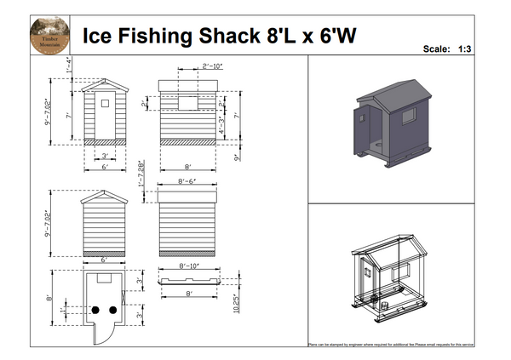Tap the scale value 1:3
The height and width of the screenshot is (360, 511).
pyautogui.click(x=465, y=49)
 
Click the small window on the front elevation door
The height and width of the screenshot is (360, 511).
pyautogui.click(x=105, y=103)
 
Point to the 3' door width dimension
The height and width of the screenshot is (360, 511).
pyautogui.click(x=105, y=156)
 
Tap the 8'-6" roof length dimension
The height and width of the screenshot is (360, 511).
pyautogui.click(x=188, y=182)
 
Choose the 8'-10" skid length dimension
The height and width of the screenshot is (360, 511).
pyautogui.click(x=189, y=266)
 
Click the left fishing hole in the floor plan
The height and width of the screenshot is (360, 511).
pyautogui.click(x=96, y=308)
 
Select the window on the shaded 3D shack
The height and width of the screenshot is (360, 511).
pyautogui.click(x=408, y=115)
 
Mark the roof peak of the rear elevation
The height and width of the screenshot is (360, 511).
pyautogui.click(x=105, y=191)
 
